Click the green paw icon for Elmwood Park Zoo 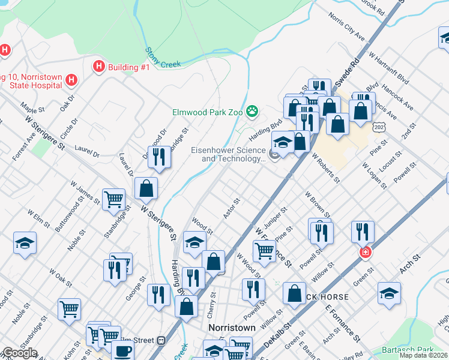click(253, 111)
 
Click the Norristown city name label click(232, 328)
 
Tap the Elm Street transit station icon click(161, 341)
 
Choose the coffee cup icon click(124, 350)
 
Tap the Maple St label click(33, 108)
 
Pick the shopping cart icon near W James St click(113, 199)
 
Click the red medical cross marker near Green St click(364, 253)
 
